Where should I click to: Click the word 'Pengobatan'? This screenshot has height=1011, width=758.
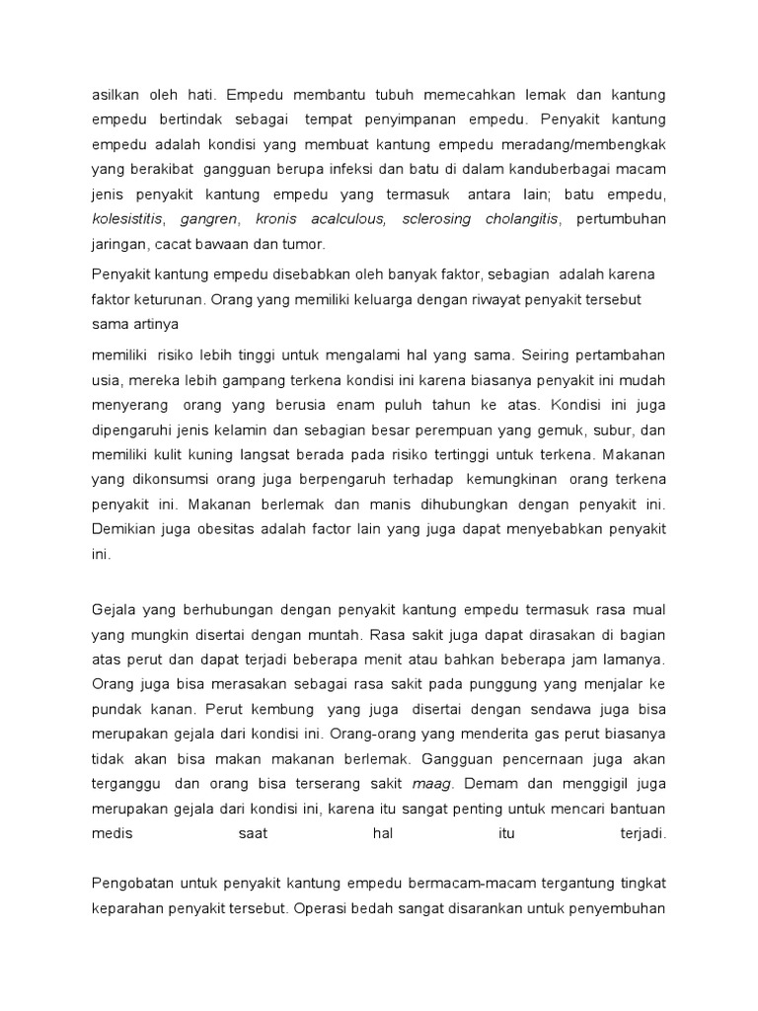131,881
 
